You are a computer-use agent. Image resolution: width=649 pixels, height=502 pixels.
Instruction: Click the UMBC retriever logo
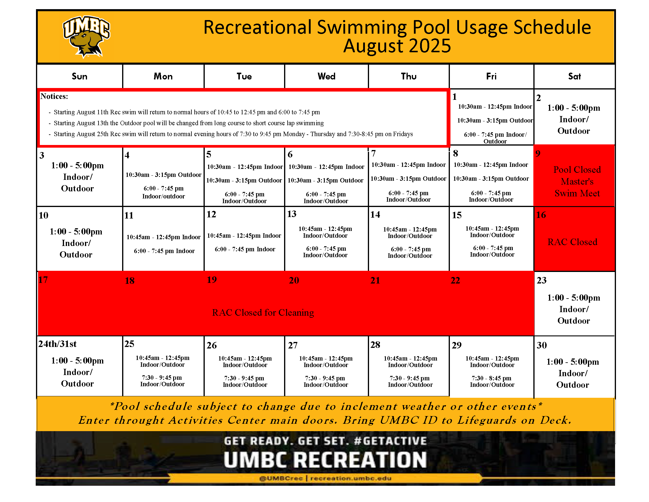(86, 37)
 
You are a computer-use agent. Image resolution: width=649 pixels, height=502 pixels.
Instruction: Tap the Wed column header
(326, 76)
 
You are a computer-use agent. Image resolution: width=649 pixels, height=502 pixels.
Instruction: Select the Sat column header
(574, 76)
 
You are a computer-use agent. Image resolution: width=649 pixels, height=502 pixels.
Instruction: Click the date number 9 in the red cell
(538, 154)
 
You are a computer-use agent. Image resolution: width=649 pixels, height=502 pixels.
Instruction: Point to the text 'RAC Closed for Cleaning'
(263, 312)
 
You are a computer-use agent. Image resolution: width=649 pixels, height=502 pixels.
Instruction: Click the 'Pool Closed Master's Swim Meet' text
(577, 181)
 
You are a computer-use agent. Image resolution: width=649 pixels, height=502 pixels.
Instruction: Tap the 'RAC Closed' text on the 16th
(572, 242)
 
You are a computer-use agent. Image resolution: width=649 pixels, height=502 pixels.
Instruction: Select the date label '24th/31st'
(57, 344)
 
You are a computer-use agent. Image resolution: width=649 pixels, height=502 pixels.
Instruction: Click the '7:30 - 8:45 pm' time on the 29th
(491, 378)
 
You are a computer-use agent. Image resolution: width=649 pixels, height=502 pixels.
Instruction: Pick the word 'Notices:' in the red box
(54, 96)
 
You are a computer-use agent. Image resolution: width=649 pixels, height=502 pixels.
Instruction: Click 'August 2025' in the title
(397, 46)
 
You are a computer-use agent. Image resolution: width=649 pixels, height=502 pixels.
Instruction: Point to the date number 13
(292, 214)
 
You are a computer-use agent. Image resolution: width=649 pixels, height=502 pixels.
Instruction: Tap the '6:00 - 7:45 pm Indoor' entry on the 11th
(164, 251)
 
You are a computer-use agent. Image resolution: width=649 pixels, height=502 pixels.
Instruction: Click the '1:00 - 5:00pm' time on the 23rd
(573, 298)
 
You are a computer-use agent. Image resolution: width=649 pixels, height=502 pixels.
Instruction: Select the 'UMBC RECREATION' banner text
(325, 460)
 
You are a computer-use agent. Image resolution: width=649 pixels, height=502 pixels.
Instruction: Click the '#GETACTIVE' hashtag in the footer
(391, 441)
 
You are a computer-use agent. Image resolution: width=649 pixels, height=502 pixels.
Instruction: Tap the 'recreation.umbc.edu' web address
(351, 478)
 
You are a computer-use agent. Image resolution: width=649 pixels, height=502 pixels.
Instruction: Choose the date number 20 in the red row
(294, 281)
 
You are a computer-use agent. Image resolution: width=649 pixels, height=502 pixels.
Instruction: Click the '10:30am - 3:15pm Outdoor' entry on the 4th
(163, 175)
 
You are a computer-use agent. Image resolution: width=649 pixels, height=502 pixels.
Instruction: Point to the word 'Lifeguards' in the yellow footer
(487, 420)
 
